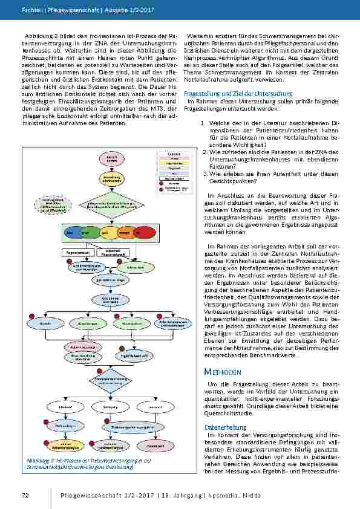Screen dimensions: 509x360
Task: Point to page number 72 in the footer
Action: (25, 496)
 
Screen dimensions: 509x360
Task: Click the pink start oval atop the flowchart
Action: (112, 159)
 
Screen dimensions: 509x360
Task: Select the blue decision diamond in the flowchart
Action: (112, 379)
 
